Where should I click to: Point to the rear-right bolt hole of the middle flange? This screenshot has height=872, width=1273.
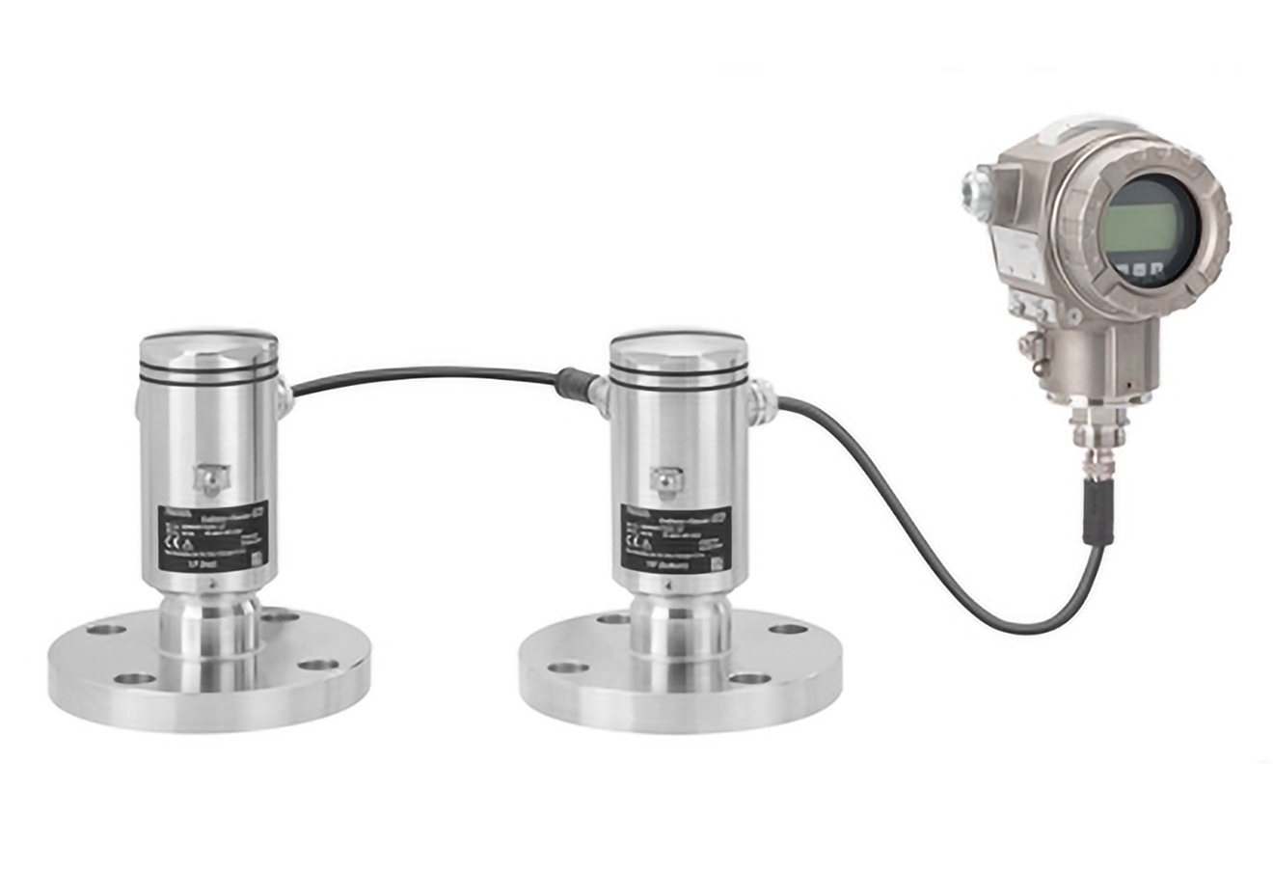[x=788, y=629]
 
